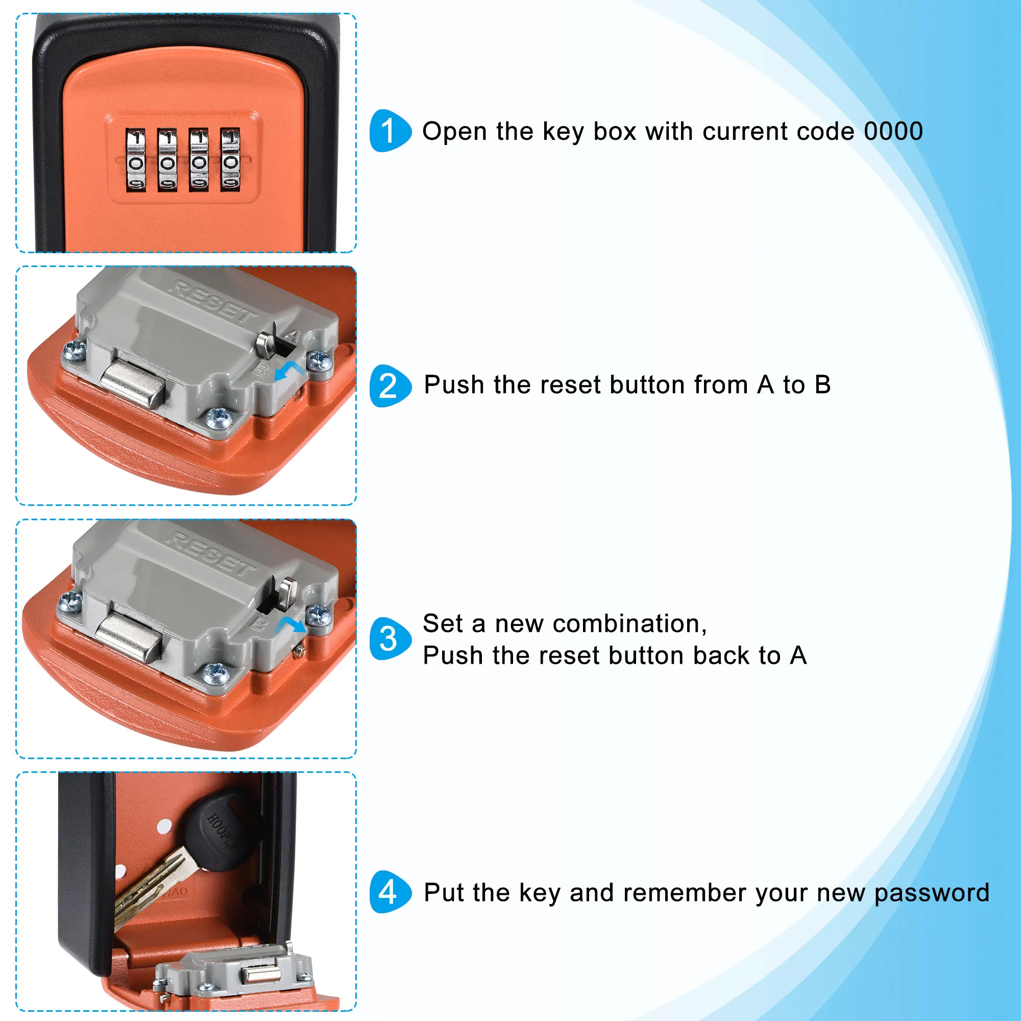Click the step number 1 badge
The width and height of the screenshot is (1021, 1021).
click(x=390, y=131)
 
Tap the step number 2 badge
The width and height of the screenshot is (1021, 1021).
click(x=390, y=386)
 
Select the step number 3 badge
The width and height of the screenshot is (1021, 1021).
click(x=390, y=639)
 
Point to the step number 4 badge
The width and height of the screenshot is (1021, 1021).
click(x=390, y=892)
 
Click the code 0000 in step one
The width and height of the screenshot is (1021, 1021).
click(x=893, y=131)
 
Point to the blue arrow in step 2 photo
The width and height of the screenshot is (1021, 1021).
click(x=288, y=370)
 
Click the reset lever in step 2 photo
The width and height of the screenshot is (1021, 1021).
click(x=266, y=344)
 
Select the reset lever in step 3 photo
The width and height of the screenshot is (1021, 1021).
click(x=287, y=591)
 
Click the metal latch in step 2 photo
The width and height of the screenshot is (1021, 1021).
click(x=133, y=382)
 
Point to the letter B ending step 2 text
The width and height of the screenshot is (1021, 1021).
click(x=822, y=385)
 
